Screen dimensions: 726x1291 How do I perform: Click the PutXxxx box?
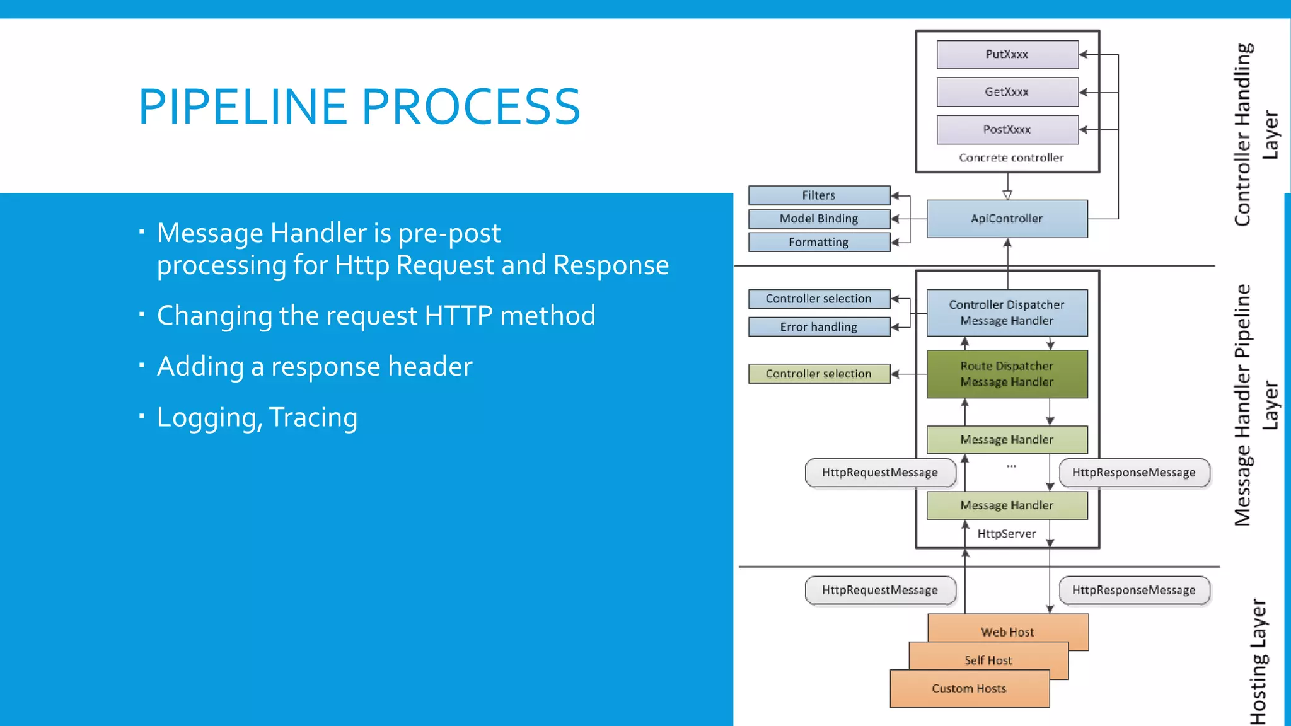(1007, 55)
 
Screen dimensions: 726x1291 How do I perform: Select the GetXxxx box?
(1007, 92)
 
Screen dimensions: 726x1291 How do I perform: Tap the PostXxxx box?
(1007, 129)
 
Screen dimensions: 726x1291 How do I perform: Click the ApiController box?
(1007, 219)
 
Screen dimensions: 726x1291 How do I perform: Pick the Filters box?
(818, 195)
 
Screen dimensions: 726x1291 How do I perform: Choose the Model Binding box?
(818, 219)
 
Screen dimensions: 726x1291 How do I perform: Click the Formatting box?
(818, 242)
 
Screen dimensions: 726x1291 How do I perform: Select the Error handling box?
(818, 326)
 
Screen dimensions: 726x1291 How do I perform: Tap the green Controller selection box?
(818, 374)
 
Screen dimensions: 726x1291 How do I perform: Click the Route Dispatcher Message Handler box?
(1007, 374)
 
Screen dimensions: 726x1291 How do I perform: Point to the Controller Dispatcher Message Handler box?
(1007, 313)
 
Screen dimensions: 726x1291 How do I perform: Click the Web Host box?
(1007, 631)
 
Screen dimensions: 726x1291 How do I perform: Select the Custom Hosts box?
(969, 688)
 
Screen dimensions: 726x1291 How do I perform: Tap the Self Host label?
(988, 660)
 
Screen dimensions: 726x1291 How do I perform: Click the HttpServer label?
(1007, 534)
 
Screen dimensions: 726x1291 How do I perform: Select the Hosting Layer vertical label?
(1258, 662)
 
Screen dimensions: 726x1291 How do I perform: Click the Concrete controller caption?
(1011, 158)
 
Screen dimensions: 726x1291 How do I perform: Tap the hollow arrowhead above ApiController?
(1007, 195)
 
